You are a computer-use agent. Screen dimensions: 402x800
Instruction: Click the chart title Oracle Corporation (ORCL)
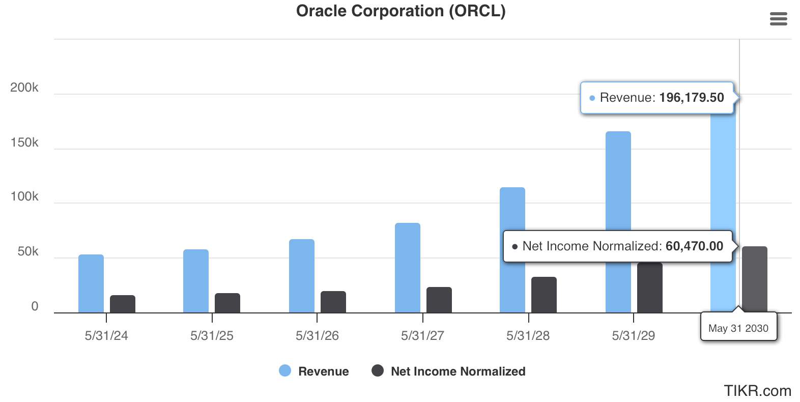401,11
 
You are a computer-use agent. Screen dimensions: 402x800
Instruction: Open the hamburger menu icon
778,19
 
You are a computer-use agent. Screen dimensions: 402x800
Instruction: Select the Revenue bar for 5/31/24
91,283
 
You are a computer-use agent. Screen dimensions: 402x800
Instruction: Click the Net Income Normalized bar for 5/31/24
123,304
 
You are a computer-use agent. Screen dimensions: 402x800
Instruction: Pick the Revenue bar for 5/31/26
302,276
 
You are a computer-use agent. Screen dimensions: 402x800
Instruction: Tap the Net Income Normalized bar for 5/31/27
439,300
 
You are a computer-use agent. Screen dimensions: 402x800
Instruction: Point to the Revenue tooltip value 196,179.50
691,98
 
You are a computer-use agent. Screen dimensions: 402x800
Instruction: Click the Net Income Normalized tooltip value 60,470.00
694,246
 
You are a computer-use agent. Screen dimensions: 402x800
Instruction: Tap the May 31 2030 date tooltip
738,328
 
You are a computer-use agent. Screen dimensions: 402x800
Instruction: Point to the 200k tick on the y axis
24,88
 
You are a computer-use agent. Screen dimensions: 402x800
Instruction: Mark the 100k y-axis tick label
24,196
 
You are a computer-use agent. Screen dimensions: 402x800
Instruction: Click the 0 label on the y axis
35,306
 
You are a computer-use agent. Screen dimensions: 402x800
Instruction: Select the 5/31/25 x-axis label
212,336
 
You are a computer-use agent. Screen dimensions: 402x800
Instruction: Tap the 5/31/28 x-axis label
528,336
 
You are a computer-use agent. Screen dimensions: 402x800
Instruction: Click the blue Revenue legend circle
285,370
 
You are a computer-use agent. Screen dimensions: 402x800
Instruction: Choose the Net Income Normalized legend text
458,371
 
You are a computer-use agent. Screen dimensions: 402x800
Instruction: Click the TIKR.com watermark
757,391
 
